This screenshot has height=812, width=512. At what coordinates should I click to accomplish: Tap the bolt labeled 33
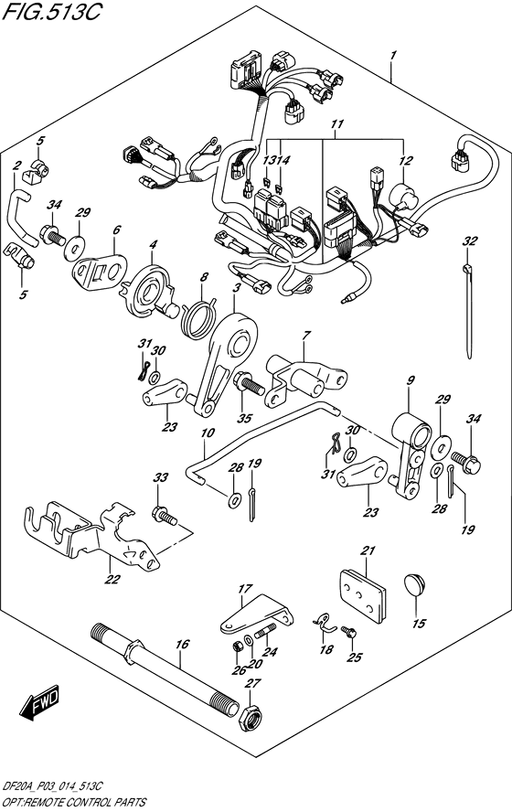[165, 517]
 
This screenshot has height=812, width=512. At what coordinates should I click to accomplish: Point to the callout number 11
[336, 123]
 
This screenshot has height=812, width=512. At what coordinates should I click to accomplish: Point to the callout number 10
[208, 433]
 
